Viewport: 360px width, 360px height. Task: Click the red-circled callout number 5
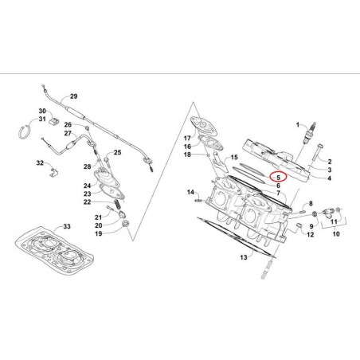tap(277, 178)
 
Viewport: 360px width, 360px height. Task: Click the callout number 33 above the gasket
tap(67, 228)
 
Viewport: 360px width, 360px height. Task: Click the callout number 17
tap(187, 139)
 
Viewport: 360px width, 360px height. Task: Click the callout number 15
tap(233, 158)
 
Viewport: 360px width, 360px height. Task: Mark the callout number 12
tap(310, 235)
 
